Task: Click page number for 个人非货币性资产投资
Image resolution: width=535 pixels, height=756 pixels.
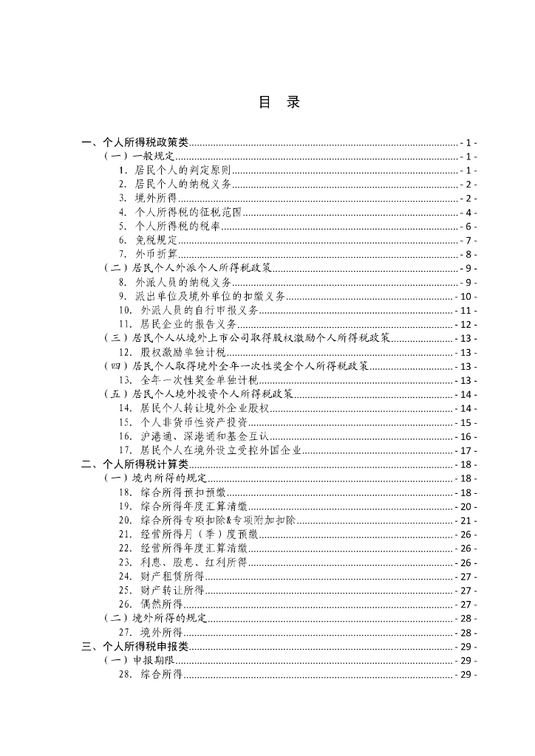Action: pos(466,422)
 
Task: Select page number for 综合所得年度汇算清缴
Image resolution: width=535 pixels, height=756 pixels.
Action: pos(466,506)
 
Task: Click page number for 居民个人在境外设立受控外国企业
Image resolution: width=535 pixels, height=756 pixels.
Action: pos(466,450)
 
